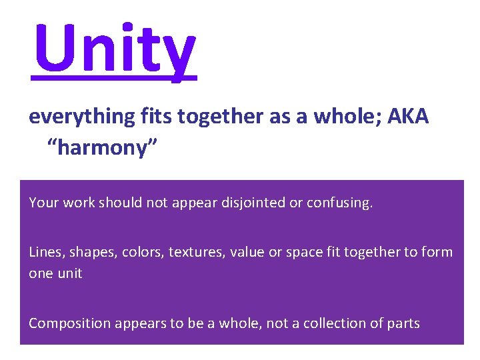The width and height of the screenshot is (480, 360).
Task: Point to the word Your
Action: (x=44, y=202)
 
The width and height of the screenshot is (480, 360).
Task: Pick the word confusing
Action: (x=339, y=202)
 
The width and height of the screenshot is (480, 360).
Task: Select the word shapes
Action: (x=89, y=253)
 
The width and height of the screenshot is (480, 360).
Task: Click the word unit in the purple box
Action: (x=69, y=274)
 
